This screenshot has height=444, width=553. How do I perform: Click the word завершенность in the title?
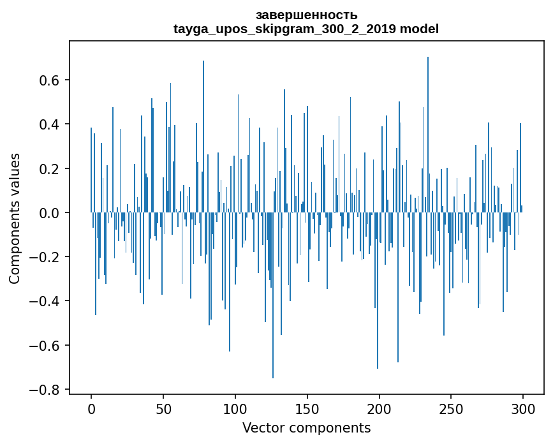306,15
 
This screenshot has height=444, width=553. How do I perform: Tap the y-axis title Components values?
14,218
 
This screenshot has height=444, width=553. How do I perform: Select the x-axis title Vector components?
306,427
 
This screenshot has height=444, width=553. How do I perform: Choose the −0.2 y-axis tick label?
47,257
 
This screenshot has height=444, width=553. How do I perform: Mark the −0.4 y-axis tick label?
47,301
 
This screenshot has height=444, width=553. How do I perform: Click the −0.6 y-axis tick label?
47,345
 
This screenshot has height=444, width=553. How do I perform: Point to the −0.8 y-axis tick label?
47,389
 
